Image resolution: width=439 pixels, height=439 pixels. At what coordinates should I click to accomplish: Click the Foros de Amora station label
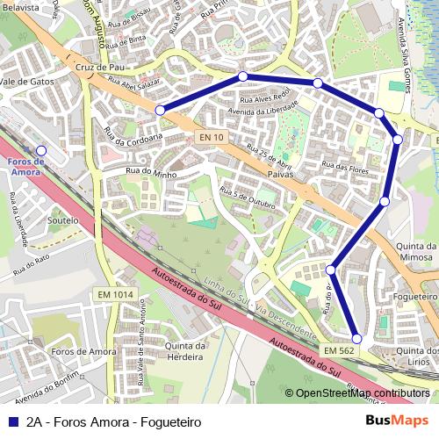(24, 167)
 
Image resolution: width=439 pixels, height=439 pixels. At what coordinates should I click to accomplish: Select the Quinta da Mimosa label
(416, 253)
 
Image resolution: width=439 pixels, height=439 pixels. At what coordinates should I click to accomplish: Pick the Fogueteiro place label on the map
(416, 297)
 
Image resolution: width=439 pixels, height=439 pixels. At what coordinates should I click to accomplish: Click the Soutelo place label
(63, 220)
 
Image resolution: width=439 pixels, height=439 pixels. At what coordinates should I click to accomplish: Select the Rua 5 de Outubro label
(248, 197)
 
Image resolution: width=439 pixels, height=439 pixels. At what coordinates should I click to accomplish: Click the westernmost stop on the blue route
(160, 110)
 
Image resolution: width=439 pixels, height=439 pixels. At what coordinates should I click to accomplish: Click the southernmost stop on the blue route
(356, 338)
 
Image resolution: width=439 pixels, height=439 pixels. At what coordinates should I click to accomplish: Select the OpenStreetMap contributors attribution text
(362, 393)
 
